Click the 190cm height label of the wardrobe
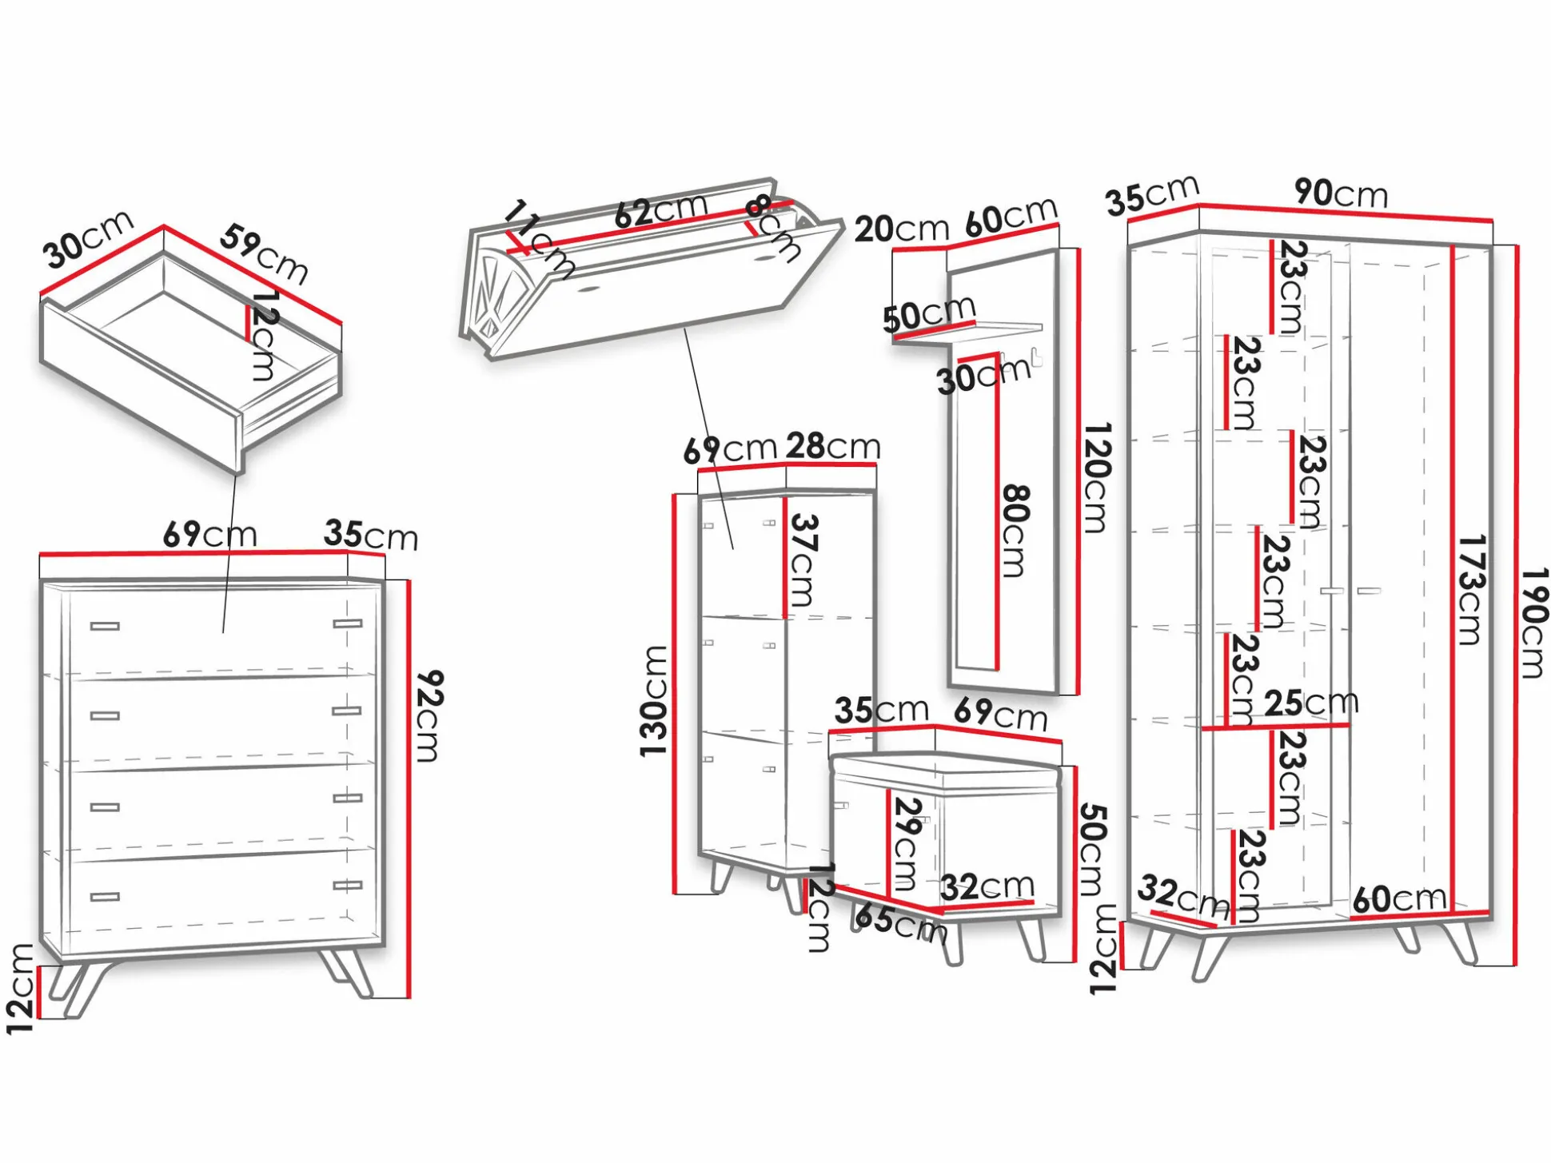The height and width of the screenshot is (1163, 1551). pyautogui.click(x=1534, y=623)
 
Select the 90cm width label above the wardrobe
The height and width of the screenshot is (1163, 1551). pyautogui.click(x=1341, y=193)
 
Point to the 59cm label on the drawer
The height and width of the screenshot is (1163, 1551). pyautogui.click(x=265, y=253)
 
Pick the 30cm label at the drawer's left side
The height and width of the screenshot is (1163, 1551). pyautogui.click(x=88, y=240)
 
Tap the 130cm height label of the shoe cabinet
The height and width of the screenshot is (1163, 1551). pyautogui.click(x=654, y=701)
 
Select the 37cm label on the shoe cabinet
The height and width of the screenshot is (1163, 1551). pyautogui.click(x=803, y=560)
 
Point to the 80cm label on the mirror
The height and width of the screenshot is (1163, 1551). pyautogui.click(x=1015, y=530)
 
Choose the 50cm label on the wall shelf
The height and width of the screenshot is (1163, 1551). pyautogui.click(x=929, y=313)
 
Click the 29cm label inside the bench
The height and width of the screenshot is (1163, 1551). pyautogui.click(x=907, y=843)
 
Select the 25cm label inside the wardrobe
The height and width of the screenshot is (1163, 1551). pyautogui.click(x=1311, y=703)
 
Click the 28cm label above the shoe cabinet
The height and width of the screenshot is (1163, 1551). pyautogui.click(x=833, y=446)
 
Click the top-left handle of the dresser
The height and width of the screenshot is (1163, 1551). pyautogui.click(x=105, y=626)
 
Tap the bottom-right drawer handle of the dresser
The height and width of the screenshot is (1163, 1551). pyautogui.click(x=347, y=885)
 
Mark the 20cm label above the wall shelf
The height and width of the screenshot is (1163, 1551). pyautogui.click(x=901, y=229)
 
